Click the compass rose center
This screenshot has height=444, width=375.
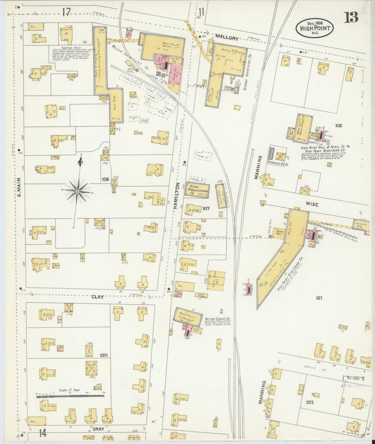point(77,191)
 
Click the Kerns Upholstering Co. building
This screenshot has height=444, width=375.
point(198,191)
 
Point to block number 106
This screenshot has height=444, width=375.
point(105,179)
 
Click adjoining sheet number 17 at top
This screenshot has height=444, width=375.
point(66,12)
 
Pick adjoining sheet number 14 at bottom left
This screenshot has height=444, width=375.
point(43,433)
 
